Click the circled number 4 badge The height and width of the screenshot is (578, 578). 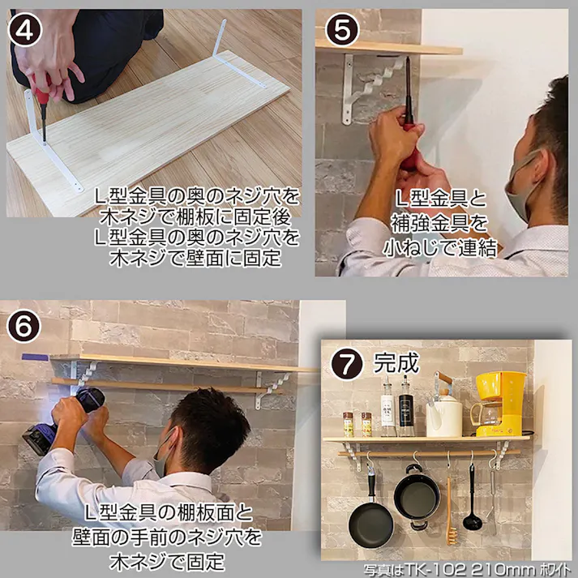pos(25,29)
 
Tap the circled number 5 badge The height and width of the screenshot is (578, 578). pos(342,29)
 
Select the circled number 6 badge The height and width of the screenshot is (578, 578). pos(24,326)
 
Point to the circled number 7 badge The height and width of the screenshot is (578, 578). pos(347,363)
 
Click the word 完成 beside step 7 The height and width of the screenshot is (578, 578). pos(396,362)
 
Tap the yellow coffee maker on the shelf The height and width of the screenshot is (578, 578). pos(498,404)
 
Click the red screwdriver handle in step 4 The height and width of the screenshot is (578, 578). pos(41,88)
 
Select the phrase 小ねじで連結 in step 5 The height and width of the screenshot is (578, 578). pos(439,248)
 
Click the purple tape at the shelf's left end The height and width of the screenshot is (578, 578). pos(35,357)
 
